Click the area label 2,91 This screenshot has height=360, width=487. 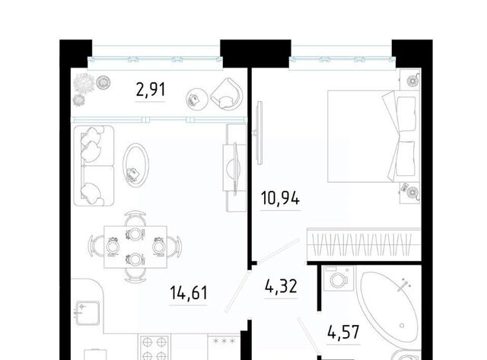point(151,90)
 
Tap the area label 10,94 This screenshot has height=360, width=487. point(281,198)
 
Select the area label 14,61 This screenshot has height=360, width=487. point(189,292)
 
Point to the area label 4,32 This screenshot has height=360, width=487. point(281,286)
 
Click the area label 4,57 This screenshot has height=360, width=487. point(343,332)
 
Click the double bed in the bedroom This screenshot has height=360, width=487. point(372,136)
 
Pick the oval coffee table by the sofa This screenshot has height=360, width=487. point(135,165)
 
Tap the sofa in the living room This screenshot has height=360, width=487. point(94,166)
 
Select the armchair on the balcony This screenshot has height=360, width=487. point(227,93)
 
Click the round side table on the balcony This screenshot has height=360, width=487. point(197,99)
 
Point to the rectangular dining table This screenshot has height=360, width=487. point(135,247)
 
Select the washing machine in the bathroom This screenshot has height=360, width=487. point(339,279)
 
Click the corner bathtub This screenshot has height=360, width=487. point(390,307)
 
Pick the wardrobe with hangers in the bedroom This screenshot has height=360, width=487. point(364,244)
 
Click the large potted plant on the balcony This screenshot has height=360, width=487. point(84,83)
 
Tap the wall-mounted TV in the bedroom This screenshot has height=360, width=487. point(259,132)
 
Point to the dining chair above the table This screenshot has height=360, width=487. point(135,219)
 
